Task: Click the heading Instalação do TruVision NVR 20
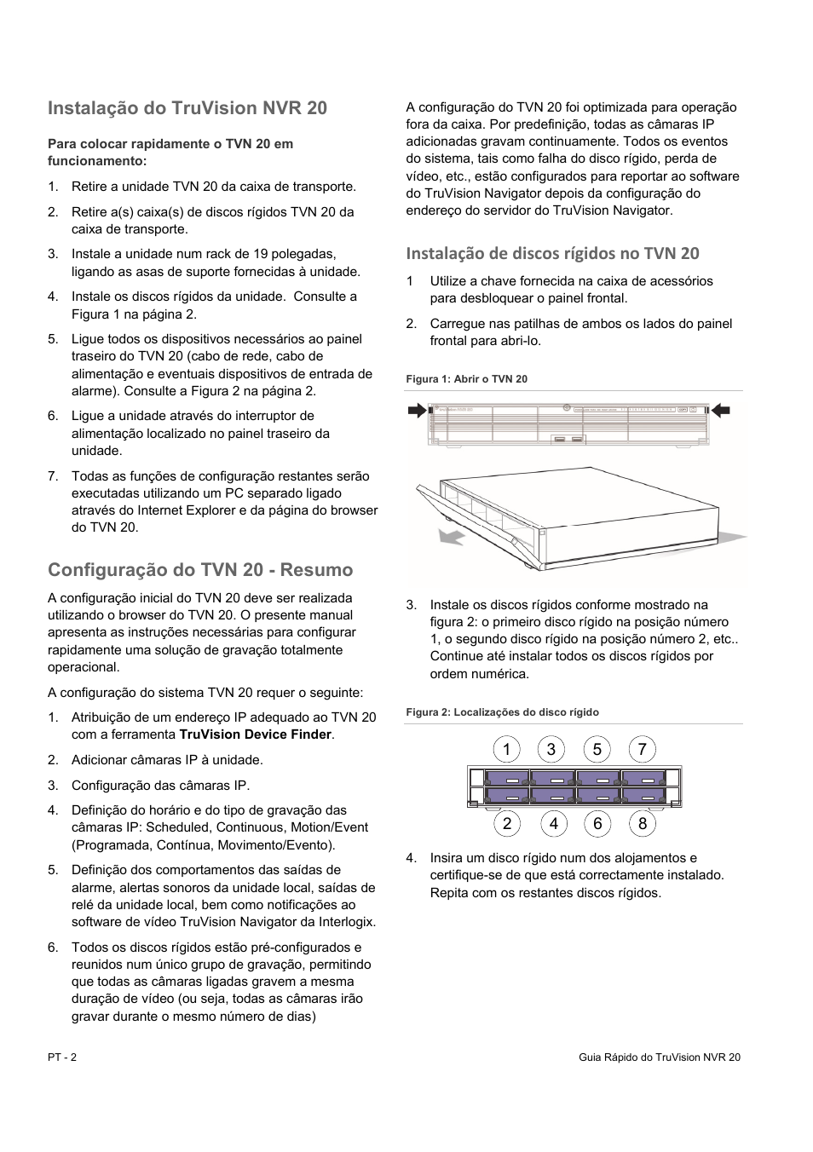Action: pyautogui.click(x=187, y=108)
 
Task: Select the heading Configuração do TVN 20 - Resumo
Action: pyautogui.click(x=200, y=569)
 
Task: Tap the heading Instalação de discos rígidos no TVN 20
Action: pyautogui.click(x=552, y=253)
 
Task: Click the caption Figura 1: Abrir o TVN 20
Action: pyautogui.click(x=466, y=379)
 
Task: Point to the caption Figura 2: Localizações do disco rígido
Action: pyautogui.click(x=502, y=712)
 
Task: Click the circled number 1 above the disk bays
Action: pyautogui.click(x=506, y=750)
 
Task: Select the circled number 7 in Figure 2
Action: pyautogui.click(x=643, y=750)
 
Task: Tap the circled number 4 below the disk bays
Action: pyautogui.click(x=554, y=823)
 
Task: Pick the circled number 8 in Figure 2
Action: pyautogui.click(x=643, y=823)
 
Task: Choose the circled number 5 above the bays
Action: pyautogui.click(x=597, y=750)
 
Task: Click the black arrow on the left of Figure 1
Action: pyautogui.click(x=417, y=411)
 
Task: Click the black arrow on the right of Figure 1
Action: pyautogui.click(x=721, y=411)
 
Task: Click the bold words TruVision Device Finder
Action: pyautogui.click(x=256, y=734)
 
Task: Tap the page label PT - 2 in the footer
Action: pyautogui.click(x=62, y=1057)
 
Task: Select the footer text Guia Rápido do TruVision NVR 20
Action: pyautogui.click(x=659, y=1057)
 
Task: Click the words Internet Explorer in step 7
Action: pyautogui.click(x=185, y=510)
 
